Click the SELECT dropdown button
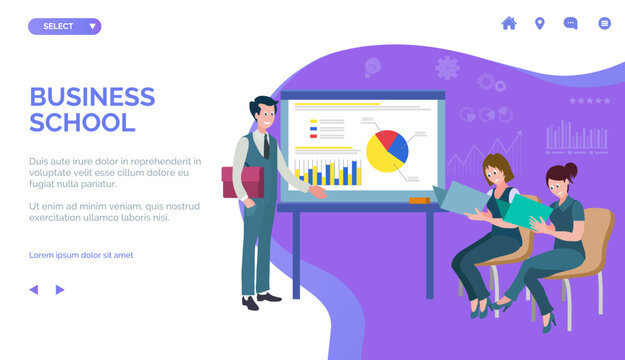pos(64,26)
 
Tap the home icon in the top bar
pos(509,23)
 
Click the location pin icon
pos(540,23)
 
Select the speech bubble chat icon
pos(571,23)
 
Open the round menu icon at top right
pos(604,23)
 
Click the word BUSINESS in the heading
pos(92,97)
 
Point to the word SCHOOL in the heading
pos(82,123)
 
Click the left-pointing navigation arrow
pos(33,289)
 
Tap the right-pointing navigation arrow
pos(60,289)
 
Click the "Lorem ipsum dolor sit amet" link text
pos(81,255)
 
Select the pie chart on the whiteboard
pos(387,151)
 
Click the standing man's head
pos(264,112)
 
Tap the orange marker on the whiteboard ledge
pos(419,200)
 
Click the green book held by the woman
pos(521,210)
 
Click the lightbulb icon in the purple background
pos(372,68)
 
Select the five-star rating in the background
pos(588,101)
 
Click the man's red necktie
pos(266,146)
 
